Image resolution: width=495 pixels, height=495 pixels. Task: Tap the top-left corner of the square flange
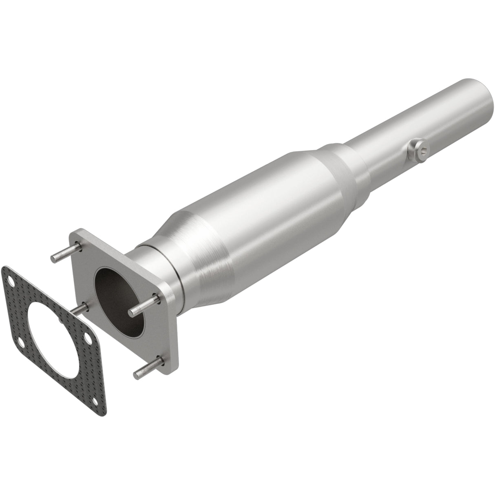76,234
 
